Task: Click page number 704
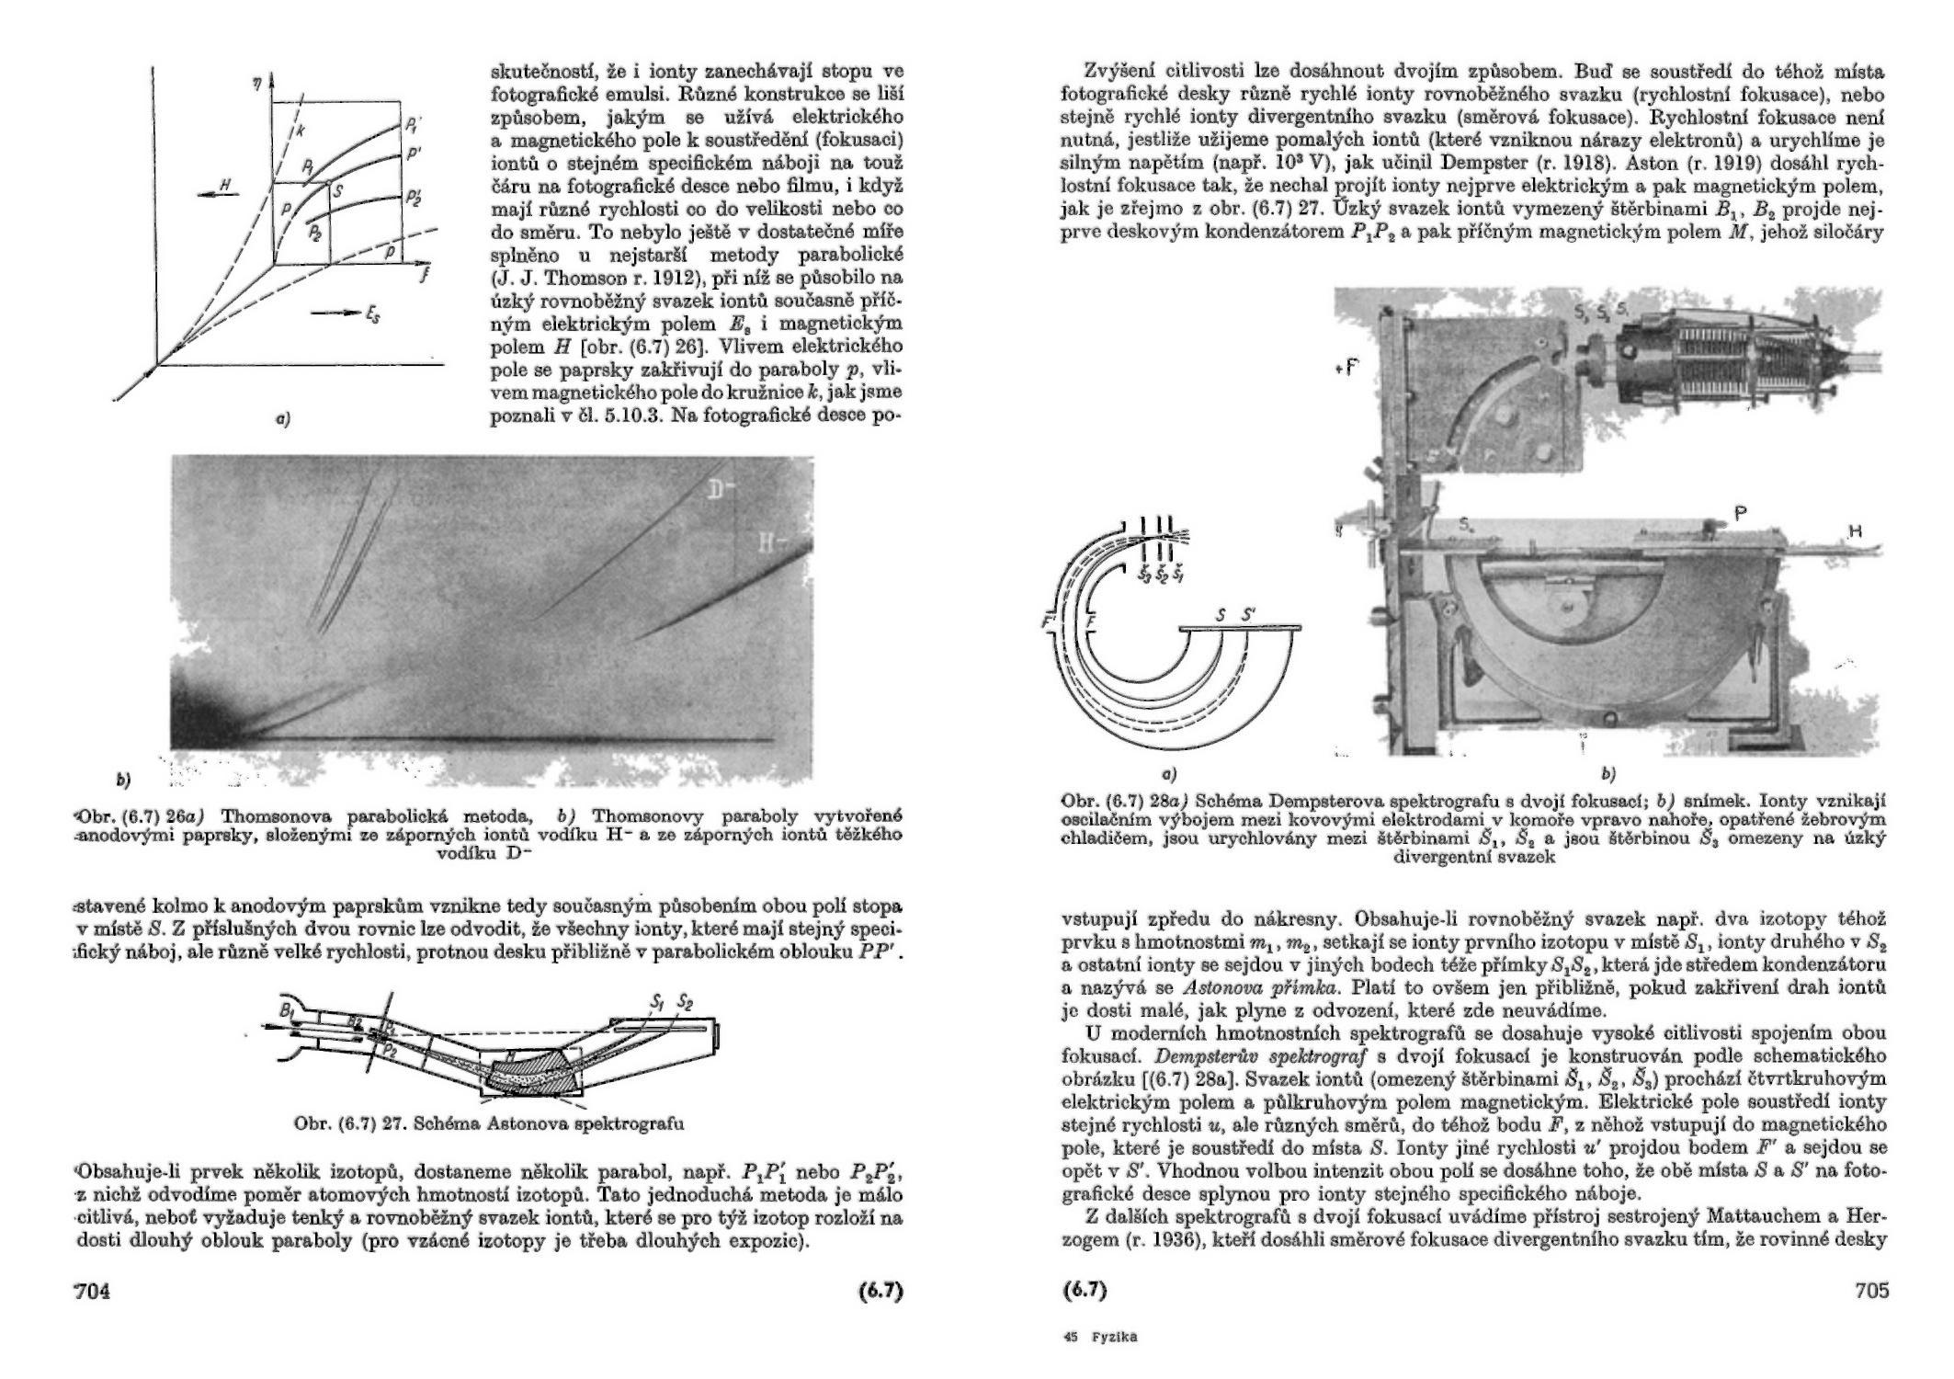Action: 92,1291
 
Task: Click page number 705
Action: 1871,1291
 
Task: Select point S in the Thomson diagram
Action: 337,191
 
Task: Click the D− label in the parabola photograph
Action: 720,495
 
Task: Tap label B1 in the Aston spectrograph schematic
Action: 289,1010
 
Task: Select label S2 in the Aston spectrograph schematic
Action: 685,1001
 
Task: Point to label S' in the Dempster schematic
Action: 1248,616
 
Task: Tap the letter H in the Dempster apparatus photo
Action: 1856,531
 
